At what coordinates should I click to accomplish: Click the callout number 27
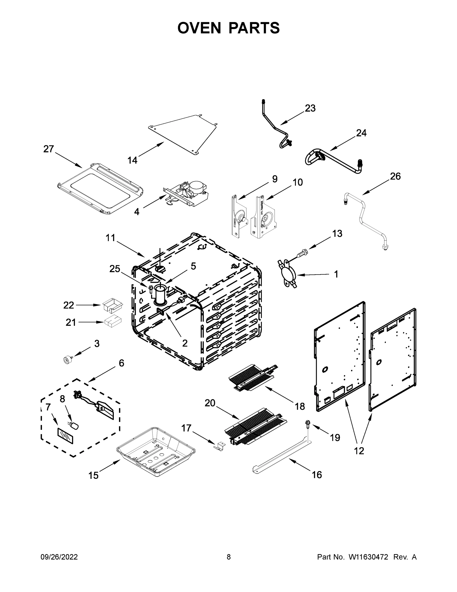coord(49,149)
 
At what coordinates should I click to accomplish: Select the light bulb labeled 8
coord(75,426)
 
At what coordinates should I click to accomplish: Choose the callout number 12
coord(359,451)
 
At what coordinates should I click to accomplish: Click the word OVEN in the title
coord(199,28)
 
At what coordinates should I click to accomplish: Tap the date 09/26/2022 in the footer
coord(59,557)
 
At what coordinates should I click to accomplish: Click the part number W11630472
coord(368,557)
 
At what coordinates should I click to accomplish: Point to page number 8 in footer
coord(229,557)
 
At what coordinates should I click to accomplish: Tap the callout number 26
coord(395,176)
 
